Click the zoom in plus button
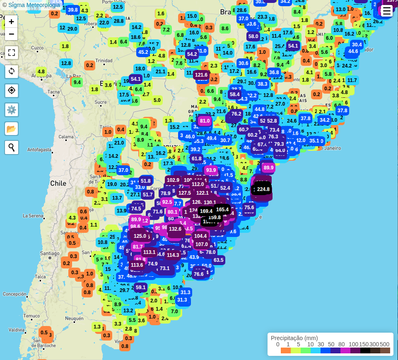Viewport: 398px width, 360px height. tap(11, 22)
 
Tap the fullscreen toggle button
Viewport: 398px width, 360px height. tap(11, 53)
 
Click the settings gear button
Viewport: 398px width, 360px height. tap(11, 110)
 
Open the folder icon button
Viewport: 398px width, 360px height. tap(11, 128)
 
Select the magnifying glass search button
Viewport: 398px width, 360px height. tap(11, 147)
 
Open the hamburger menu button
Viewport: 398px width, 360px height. tap(386, 11)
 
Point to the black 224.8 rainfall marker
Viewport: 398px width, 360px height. tap(263, 189)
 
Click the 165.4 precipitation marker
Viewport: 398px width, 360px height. tap(222, 210)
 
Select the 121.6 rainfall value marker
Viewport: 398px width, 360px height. tap(201, 75)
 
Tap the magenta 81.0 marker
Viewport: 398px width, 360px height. tap(205, 121)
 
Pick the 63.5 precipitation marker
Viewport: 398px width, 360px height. tap(218, 260)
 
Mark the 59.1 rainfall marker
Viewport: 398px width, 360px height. tap(141, 287)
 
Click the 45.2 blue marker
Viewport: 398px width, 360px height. tap(143, 52)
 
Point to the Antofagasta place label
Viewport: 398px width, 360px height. tap(39, 150)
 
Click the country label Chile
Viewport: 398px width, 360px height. tap(58, 183)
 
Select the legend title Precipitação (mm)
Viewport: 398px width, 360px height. tap(294, 338)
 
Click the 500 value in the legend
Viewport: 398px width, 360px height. tap(384, 344)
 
